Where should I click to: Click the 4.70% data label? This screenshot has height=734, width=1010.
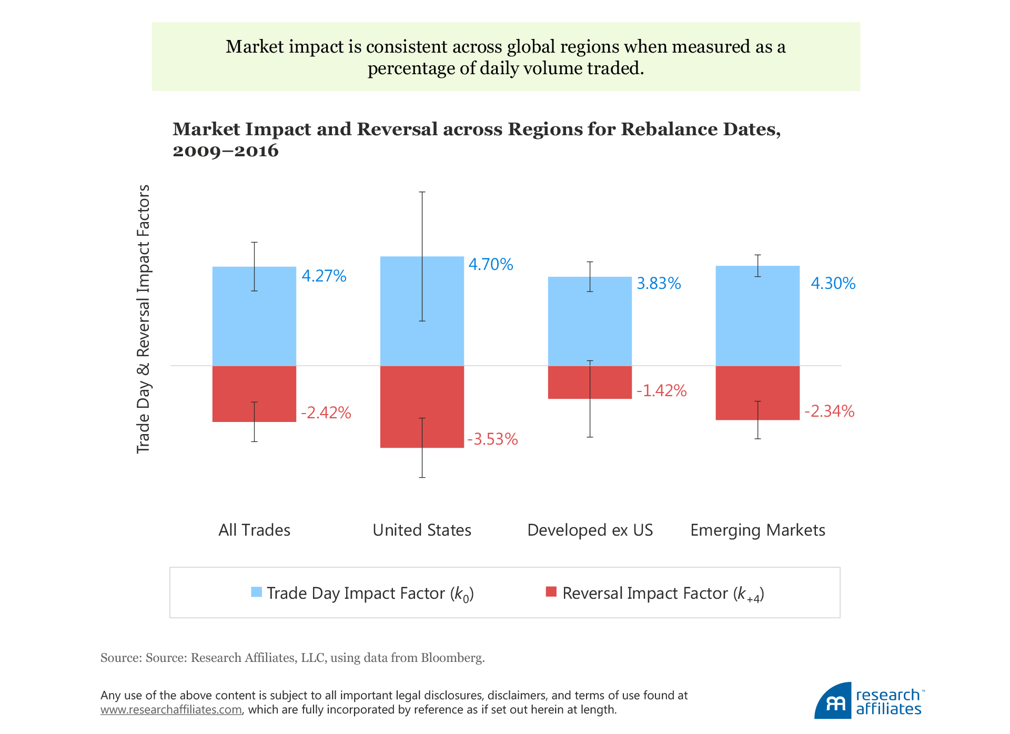click(x=490, y=264)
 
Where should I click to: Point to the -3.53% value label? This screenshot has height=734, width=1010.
click(x=492, y=439)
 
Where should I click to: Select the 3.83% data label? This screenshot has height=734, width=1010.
click(x=659, y=284)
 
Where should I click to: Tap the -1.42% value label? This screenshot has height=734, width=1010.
click(x=661, y=390)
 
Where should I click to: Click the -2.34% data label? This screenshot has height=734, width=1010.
click(x=829, y=411)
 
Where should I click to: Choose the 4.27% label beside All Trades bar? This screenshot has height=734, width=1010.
click(x=324, y=276)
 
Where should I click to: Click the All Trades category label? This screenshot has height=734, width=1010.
click(x=254, y=530)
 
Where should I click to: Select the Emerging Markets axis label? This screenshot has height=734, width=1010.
click(x=757, y=530)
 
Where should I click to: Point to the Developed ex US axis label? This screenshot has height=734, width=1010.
click(x=590, y=530)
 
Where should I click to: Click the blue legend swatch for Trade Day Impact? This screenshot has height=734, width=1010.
click(x=257, y=592)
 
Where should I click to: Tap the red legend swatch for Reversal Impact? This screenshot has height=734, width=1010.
click(x=551, y=592)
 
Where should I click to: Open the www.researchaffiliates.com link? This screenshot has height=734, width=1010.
click(x=171, y=710)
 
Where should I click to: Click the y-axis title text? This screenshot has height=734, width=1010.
click(x=143, y=318)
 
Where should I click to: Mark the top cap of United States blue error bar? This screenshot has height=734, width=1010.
click(x=422, y=192)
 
